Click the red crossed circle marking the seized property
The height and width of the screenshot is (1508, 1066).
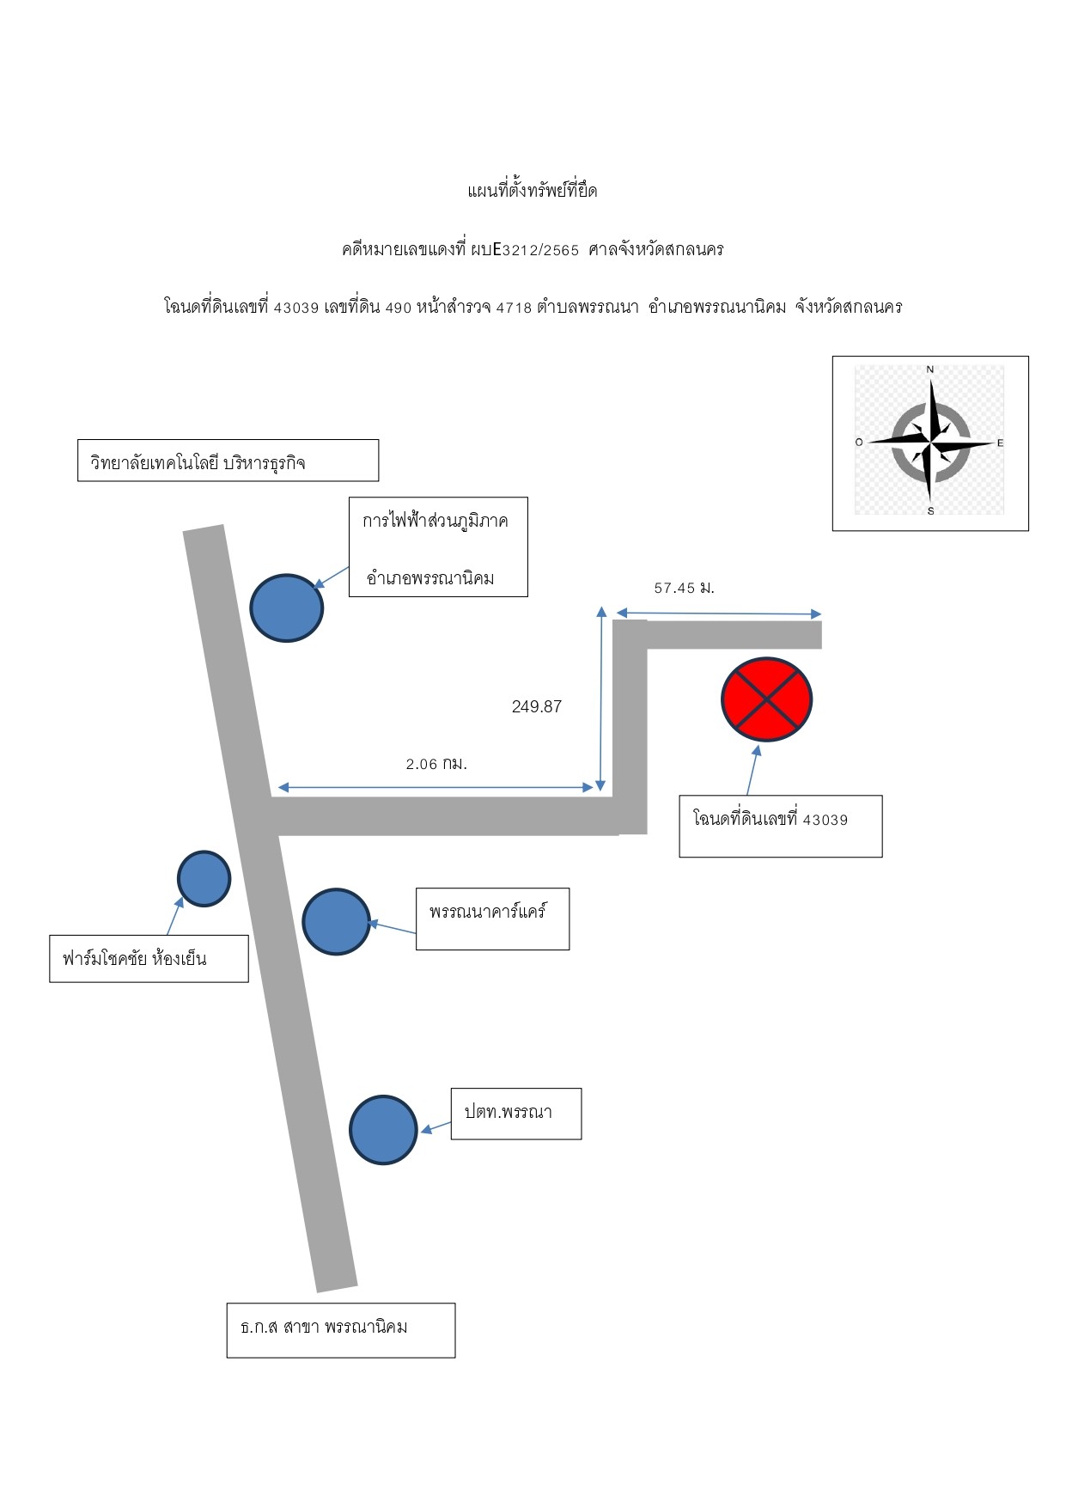[x=766, y=699]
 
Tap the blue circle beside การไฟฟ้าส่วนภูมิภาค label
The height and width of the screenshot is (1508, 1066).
[x=287, y=607]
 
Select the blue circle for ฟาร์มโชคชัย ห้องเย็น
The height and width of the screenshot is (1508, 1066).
[x=204, y=878]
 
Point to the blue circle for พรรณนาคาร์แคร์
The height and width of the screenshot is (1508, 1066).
[x=337, y=921]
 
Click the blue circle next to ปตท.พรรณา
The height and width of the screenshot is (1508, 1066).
[x=383, y=1129]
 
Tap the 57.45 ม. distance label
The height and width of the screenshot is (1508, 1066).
[x=685, y=588]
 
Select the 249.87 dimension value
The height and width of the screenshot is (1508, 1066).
[x=537, y=706]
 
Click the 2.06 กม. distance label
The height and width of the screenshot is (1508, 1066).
[x=436, y=763]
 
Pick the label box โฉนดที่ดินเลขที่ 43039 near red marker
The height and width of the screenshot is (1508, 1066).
[x=781, y=826]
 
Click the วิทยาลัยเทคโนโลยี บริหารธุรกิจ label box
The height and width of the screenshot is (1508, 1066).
[x=228, y=461]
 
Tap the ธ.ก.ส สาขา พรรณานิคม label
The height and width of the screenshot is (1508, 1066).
[x=341, y=1330]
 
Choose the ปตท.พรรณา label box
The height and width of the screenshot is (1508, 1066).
[x=516, y=1114]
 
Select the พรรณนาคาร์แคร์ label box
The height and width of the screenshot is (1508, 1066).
[x=492, y=919]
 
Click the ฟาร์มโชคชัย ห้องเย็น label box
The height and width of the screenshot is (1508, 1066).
[x=149, y=958]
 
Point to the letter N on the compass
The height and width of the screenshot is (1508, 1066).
[x=930, y=369]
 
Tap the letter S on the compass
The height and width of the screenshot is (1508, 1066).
[x=930, y=511]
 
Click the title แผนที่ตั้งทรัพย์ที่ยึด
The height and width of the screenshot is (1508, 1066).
[x=533, y=191]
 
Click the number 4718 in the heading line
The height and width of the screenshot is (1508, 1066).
[x=515, y=308]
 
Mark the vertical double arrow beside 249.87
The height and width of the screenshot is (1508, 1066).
[x=601, y=698]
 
